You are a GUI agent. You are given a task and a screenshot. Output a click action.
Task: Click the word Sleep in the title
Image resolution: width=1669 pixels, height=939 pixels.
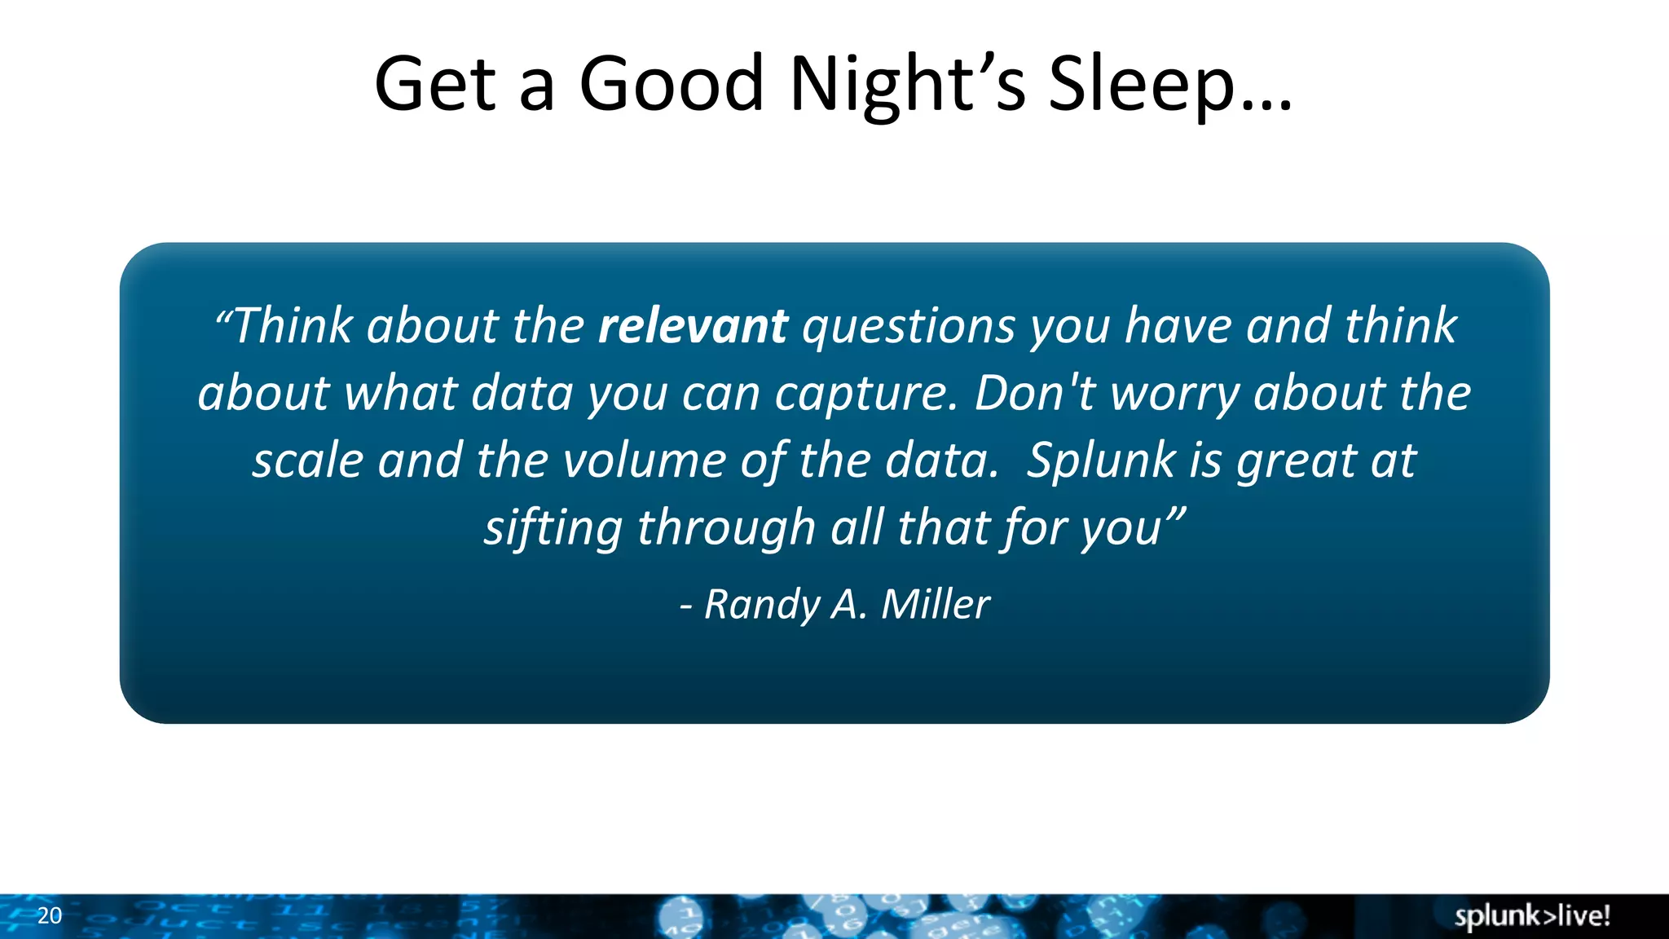pos(1141,84)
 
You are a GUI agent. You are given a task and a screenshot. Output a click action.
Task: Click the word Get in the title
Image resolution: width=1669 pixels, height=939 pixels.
pos(435,84)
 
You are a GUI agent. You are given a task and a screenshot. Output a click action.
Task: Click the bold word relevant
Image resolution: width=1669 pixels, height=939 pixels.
pos(693,326)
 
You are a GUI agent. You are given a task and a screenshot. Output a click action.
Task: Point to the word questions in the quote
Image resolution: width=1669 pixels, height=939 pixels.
pos(908,326)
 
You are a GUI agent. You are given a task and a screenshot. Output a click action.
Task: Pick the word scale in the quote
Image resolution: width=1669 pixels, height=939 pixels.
pos(307,461)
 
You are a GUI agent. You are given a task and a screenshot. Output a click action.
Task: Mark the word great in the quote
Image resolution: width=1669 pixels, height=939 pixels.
pos(1296,461)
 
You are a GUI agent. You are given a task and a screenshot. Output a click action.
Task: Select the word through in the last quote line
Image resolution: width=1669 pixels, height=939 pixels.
pos(726,528)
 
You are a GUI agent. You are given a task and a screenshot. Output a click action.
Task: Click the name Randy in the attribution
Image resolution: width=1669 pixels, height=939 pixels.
pos(762,605)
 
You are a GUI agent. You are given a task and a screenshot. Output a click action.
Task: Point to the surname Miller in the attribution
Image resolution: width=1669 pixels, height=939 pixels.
pos(936,605)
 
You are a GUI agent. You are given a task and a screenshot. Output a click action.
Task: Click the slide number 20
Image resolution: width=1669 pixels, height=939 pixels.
pos(50,915)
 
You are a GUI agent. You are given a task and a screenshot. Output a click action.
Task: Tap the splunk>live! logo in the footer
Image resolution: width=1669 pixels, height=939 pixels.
pos(1532,916)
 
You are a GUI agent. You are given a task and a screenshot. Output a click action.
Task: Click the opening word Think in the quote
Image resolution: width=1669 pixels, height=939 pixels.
pos(293,326)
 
